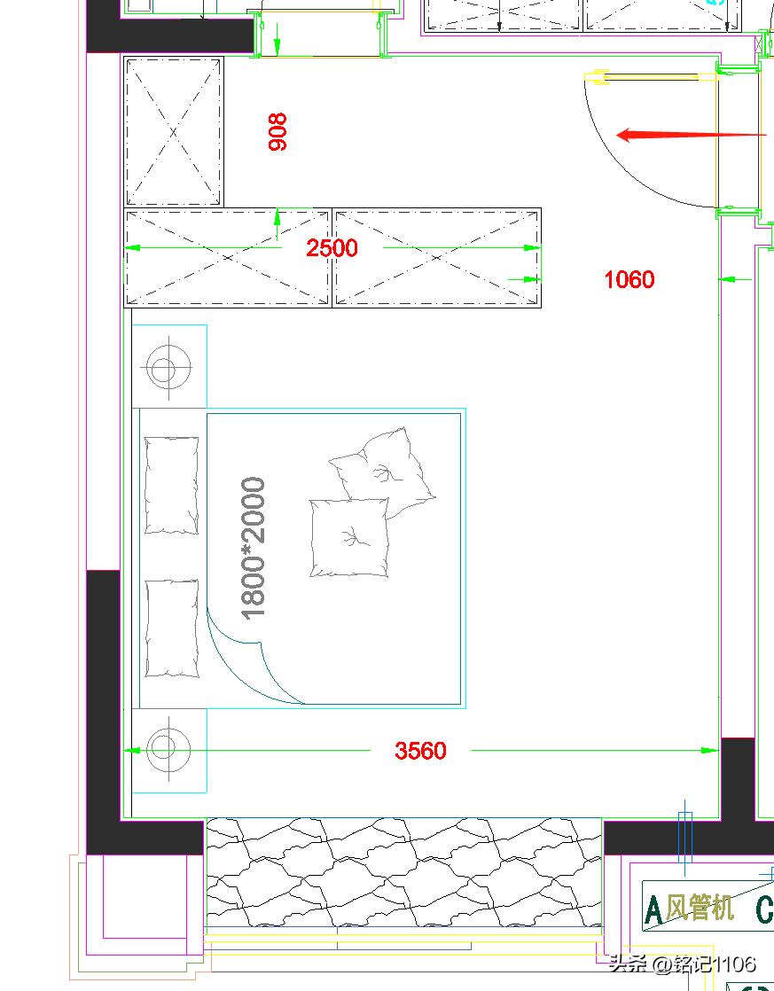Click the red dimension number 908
tap(278, 132)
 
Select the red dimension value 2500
tap(332, 248)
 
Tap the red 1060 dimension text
tap(629, 279)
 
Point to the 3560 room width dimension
tap(420, 751)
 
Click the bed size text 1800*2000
tap(254, 549)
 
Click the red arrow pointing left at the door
tap(692, 135)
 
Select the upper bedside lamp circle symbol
tap(168, 367)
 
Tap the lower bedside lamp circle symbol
tap(168, 749)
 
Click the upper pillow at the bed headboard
tap(171, 486)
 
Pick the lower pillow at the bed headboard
tap(172, 628)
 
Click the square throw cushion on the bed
tap(349, 538)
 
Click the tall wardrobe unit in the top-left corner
tap(174, 132)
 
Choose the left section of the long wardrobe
tap(228, 258)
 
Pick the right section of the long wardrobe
tap(437, 258)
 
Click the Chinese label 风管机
tap(700, 909)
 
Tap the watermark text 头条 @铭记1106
tap(683, 964)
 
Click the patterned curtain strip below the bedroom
tap(403, 872)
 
